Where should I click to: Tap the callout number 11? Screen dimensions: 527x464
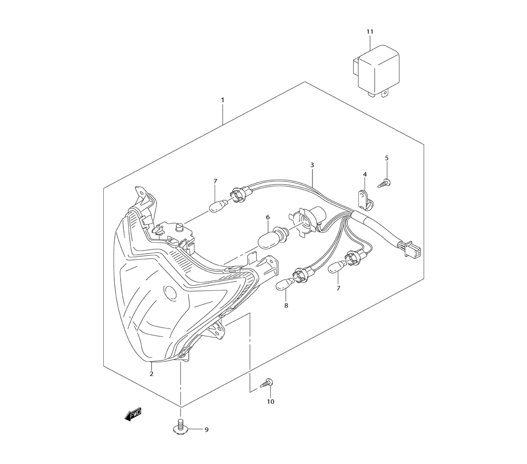pyautogui.click(x=370, y=32)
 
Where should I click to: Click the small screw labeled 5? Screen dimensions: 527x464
pyautogui.click(x=385, y=183)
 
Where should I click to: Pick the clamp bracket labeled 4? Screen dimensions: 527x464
pyautogui.click(x=364, y=200)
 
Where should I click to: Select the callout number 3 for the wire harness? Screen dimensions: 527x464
pyautogui.click(x=312, y=165)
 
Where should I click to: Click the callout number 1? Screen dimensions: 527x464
pyautogui.click(x=222, y=100)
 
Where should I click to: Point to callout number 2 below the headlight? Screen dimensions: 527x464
pyautogui.click(x=152, y=373)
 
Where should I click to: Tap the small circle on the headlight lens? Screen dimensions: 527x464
pyautogui.click(x=171, y=292)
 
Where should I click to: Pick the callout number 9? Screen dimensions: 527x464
pyautogui.click(x=207, y=430)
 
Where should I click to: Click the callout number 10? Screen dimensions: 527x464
pyautogui.click(x=270, y=401)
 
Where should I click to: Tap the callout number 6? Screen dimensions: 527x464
pyautogui.click(x=268, y=217)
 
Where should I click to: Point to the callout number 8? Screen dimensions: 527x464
pyautogui.click(x=286, y=306)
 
